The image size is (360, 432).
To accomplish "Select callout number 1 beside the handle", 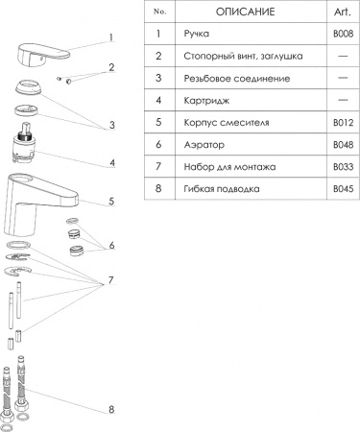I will pyautogui.click(x=110, y=38).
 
